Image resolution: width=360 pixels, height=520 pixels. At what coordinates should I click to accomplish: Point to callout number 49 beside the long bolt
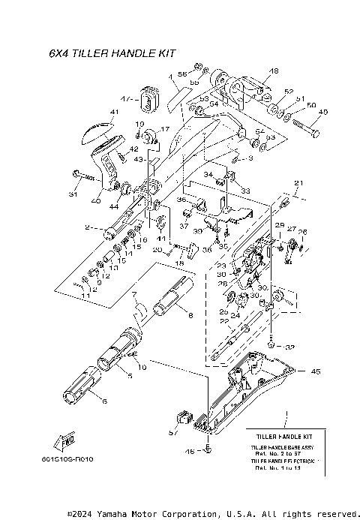(323, 113)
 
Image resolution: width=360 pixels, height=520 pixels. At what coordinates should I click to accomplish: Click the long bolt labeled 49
(304, 126)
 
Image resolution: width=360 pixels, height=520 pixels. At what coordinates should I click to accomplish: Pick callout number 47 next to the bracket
(125, 98)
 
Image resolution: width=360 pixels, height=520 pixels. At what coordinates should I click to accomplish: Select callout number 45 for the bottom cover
(316, 370)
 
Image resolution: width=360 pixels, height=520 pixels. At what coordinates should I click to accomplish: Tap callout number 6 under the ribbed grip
(104, 402)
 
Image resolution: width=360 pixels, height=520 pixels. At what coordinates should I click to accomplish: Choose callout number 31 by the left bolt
(73, 195)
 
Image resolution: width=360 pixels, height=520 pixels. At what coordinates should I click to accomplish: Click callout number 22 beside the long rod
(224, 322)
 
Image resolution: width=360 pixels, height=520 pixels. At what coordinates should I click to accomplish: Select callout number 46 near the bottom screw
(190, 451)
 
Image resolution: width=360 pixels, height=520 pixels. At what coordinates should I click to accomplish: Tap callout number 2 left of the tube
(88, 227)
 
